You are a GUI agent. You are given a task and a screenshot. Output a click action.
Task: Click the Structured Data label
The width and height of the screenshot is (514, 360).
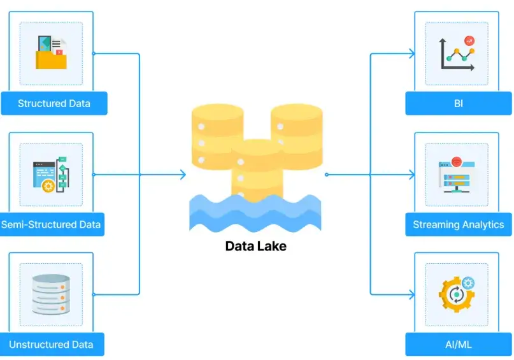tap(54, 103)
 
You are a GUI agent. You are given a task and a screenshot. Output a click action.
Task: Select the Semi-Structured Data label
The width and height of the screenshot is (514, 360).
tap(51, 224)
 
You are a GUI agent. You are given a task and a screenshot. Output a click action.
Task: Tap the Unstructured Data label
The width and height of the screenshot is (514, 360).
tap(51, 345)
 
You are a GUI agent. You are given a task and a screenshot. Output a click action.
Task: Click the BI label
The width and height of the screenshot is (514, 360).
tap(458, 103)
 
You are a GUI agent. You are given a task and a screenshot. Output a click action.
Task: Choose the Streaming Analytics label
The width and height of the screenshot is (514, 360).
tap(458, 224)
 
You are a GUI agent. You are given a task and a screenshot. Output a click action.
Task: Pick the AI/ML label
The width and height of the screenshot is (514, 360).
tap(458, 345)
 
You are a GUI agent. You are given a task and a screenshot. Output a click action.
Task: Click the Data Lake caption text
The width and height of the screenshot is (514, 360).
tap(256, 246)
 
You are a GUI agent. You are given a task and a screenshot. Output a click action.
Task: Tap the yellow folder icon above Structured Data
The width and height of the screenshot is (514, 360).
tap(51, 54)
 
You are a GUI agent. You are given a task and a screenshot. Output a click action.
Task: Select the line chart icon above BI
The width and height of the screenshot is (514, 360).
tap(458, 54)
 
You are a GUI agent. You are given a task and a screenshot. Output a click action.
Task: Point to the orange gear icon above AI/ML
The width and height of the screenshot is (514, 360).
tap(455, 295)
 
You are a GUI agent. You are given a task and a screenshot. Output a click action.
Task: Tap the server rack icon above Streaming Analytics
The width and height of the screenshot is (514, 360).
tap(456, 175)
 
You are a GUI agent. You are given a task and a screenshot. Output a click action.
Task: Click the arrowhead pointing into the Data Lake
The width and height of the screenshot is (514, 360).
tap(183, 175)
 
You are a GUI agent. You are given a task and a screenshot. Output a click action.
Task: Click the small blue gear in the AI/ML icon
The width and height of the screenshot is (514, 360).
tap(469, 283)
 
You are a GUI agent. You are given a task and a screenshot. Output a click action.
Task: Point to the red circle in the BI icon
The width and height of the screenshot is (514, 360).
tap(470, 41)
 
